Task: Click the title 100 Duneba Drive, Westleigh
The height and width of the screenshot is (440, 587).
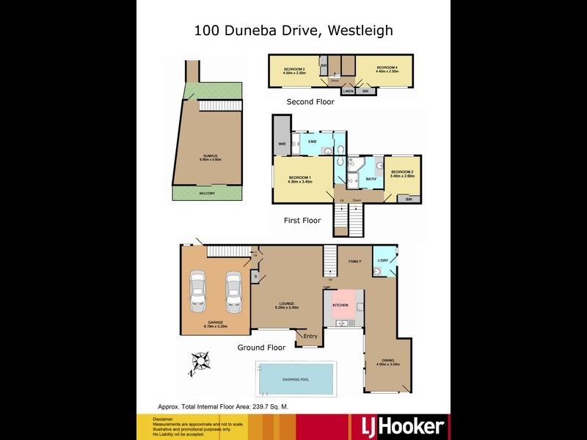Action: point(293,31)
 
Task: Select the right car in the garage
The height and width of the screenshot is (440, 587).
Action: point(234,291)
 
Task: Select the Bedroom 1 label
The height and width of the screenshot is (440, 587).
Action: point(300,178)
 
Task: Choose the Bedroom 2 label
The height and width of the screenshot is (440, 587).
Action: point(402,173)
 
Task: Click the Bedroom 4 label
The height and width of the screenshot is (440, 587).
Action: point(387,70)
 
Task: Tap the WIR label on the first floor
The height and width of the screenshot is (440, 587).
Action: point(281,144)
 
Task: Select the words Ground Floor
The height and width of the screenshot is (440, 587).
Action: point(260,348)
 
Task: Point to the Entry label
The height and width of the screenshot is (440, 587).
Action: point(311,337)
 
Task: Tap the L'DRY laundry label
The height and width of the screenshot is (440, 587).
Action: point(383,261)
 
